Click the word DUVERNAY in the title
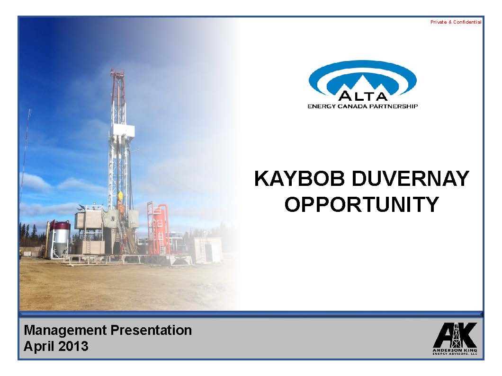[x=411, y=179]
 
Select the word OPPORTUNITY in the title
[x=362, y=205]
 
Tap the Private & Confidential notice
[x=456, y=22]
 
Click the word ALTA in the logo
[x=363, y=96]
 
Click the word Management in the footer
[x=65, y=330]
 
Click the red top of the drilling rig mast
[x=117, y=73]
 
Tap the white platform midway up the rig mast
[x=123, y=130]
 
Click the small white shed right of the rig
[x=208, y=250]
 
